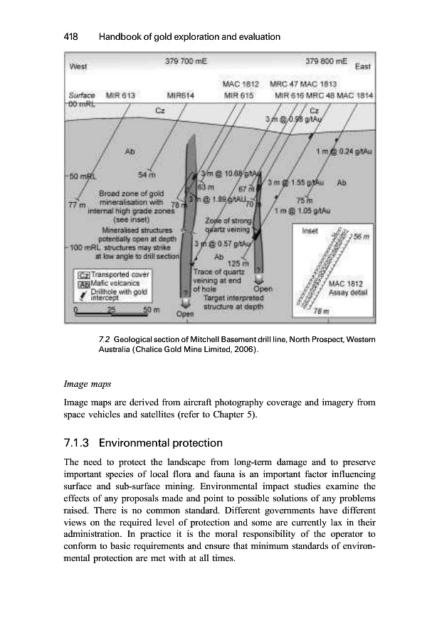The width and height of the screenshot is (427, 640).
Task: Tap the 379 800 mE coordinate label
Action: point(325,62)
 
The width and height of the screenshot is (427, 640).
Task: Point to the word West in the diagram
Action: point(78,68)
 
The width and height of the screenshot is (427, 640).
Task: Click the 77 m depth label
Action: point(75,205)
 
